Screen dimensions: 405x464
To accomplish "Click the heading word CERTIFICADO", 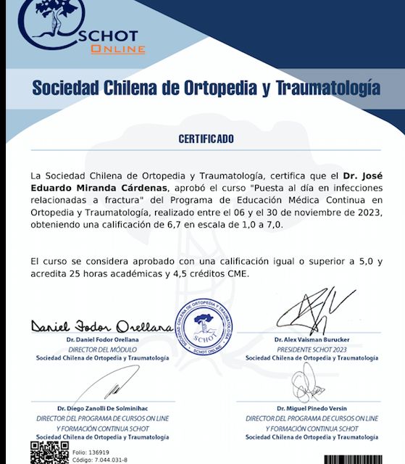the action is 206,138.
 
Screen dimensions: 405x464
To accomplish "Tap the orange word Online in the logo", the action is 118,49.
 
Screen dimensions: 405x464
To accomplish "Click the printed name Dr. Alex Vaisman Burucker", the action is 312,339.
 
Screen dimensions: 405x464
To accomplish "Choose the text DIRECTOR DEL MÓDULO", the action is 102,349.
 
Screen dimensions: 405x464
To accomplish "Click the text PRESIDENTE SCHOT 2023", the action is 312,349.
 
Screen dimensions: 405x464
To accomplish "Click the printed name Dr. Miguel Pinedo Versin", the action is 312,410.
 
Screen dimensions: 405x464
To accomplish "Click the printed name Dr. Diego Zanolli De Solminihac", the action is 102,410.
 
